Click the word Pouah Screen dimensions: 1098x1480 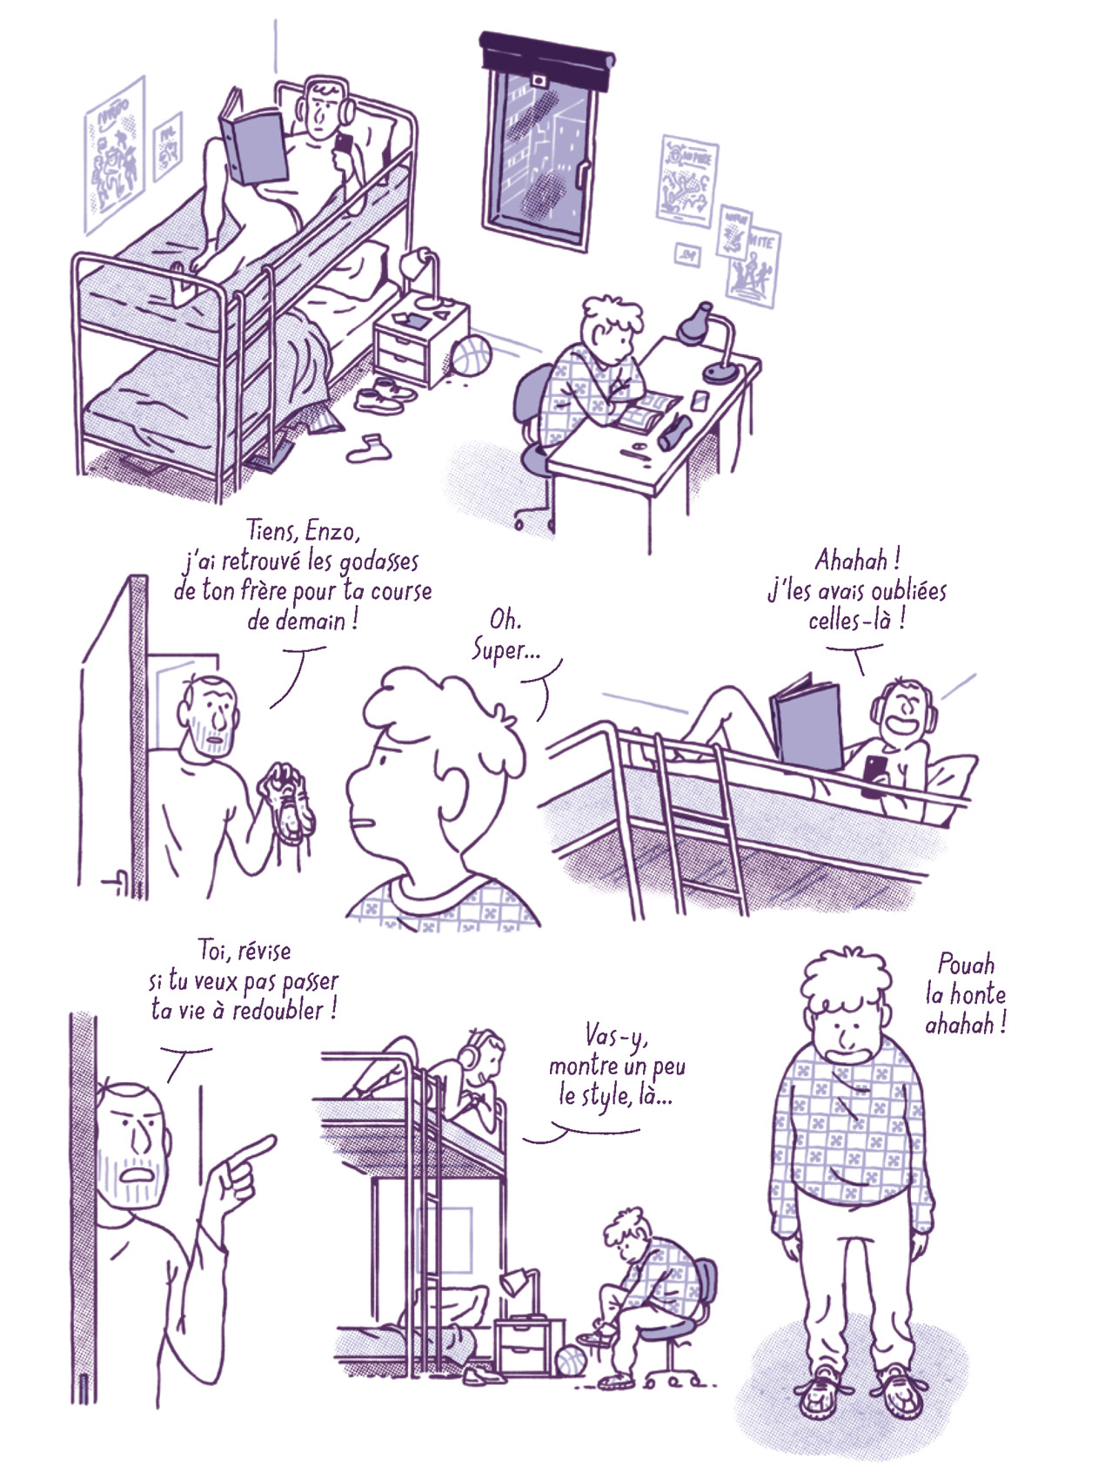tap(966, 964)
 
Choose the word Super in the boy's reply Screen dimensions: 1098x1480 tap(505, 650)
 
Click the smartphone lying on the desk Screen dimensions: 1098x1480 tap(699, 400)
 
